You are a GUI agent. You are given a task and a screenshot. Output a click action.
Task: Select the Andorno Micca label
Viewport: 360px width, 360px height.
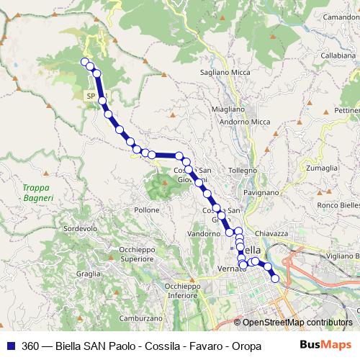pyautogui.click(x=246, y=122)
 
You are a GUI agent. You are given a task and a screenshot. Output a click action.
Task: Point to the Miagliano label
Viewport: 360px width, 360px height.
pyautogui.click(x=229, y=109)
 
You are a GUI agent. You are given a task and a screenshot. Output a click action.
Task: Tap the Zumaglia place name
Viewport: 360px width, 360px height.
pyautogui.click(x=321, y=168)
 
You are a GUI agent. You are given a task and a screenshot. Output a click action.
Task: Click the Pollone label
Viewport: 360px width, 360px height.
pyautogui.click(x=147, y=210)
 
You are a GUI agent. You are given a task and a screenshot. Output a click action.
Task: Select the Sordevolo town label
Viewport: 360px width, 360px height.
pyautogui.click(x=81, y=228)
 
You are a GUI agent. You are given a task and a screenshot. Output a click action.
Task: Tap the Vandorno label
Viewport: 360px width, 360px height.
pyautogui.click(x=203, y=235)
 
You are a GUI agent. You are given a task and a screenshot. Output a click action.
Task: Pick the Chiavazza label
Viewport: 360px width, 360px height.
pyautogui.click(x=271, y=233)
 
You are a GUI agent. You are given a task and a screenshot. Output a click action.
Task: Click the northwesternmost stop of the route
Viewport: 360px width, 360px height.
pyautogui.click(x=84, y=61)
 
